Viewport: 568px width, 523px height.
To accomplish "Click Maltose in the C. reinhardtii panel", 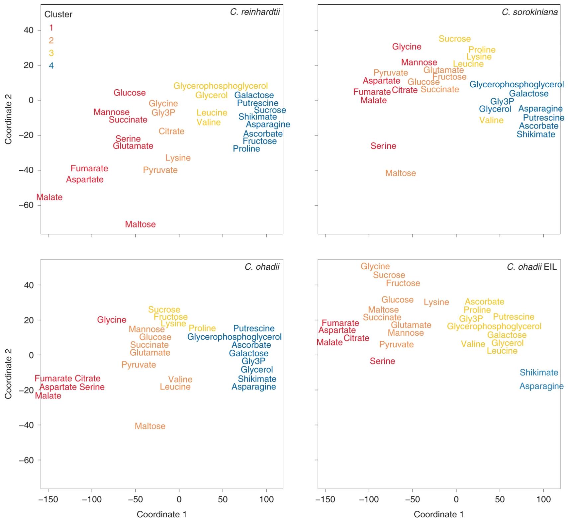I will [x=140, y=224].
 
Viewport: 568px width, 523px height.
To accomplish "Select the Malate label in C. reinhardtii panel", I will [x=49, y=197].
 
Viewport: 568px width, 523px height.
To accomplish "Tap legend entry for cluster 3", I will [x=51, y=53].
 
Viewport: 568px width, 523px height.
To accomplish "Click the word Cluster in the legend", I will [x=58, y=14].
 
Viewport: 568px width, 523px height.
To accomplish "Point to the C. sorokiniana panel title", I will [x=529, y=12].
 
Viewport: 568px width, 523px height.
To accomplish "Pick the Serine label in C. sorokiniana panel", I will [x=383, y=146].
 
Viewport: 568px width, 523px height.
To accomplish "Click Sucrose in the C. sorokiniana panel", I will [x=454, y=39].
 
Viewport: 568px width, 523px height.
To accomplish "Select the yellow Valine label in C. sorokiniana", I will [x=491, y=120].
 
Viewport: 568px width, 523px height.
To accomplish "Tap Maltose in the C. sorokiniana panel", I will [x=400, y=173].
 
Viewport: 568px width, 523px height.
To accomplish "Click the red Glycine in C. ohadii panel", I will [x=112, y=320].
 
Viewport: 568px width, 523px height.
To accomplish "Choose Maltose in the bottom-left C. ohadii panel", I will [x=150, y=426].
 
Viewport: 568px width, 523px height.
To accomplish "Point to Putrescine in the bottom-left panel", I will [x=254, y=328].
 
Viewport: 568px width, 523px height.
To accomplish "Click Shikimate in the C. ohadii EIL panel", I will [x=539, y=373].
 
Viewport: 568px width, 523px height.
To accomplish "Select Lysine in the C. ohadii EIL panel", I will [x=436, y=302].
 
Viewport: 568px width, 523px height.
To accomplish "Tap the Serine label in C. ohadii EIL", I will [x=382, y=361].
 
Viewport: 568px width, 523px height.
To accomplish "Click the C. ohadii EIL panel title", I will [x=531, y=267].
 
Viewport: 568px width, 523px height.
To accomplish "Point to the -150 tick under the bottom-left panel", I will [x=48, y=499].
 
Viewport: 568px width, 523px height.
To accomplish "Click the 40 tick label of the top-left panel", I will [x=29, y=30].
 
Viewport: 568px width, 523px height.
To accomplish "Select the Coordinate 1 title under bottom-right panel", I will [x=438, y=514].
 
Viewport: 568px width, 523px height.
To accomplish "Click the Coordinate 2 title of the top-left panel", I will [x=8, y=119].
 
